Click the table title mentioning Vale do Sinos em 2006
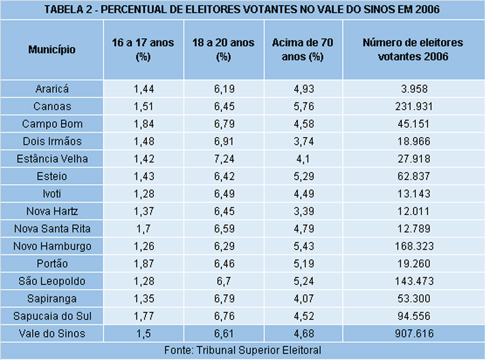click(242, 10)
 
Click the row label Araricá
click(52, 89)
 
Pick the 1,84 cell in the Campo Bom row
click(143, 124)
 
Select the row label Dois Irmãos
click(52, 141)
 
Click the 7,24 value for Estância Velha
click(223, 159)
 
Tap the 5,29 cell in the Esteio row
click(303, 176)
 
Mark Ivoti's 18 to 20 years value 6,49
click(223, 194)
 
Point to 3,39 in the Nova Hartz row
click(303, 212)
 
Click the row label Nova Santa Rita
click(52, 229)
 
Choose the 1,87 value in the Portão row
click(143, 264)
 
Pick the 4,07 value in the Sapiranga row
click(303, 299)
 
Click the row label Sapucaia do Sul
click(52, 316)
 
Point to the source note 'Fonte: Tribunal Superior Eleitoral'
click(242, 350)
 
